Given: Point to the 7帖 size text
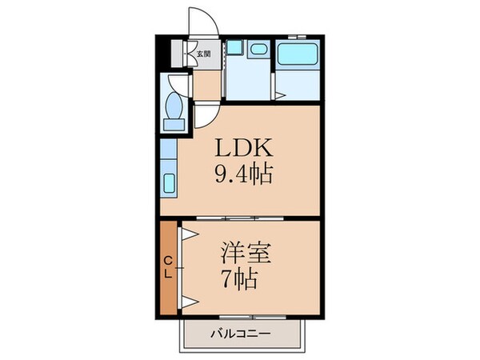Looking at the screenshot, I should click(x=238, y=280).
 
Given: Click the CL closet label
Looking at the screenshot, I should click(x=170, y=266).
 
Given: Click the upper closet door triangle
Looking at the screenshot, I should click(x=190, y=233).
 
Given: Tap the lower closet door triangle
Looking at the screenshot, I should click(x=190, y=301).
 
